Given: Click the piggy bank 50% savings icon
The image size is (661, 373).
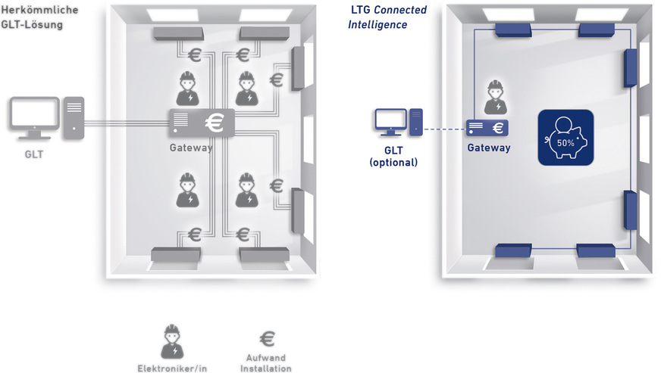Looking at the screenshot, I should point(565,137).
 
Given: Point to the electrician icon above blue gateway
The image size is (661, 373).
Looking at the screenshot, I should point(495,96).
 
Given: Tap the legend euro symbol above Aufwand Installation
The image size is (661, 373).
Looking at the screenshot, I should point(267,339).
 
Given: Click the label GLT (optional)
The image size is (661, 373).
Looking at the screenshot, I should point(393,157).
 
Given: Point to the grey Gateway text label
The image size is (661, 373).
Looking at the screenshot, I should point(191,148).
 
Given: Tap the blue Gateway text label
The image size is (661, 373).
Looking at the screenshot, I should point(488,148).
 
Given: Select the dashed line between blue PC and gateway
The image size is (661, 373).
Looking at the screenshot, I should point(443,129).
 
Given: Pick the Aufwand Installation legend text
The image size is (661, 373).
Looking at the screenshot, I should point(265,362).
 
